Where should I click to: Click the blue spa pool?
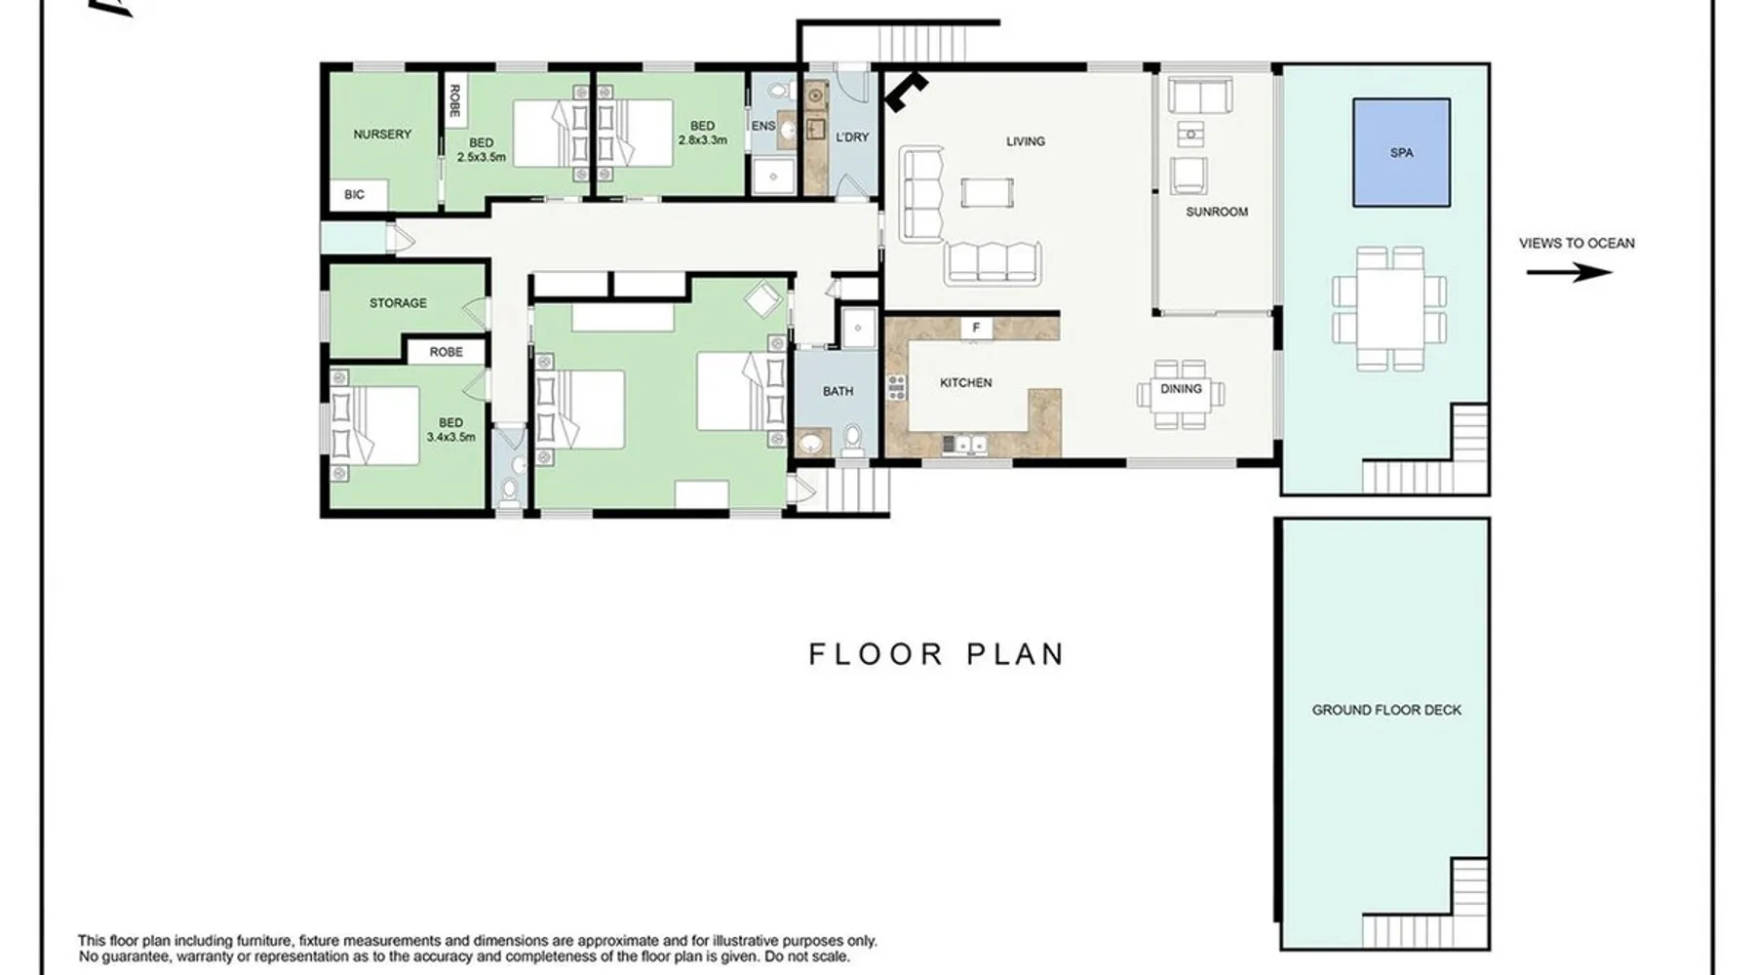(x=1401, y=152)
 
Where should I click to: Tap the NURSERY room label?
(x=382, y=135)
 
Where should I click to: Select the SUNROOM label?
(x=1217, y=212)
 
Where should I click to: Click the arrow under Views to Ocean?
(x=1569, y=272)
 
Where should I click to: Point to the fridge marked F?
(x=976, y=329)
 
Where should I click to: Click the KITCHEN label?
(x=966, y=383)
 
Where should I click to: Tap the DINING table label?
(x=1181, y=389)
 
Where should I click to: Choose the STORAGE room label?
(x=398, y=303)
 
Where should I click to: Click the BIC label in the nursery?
(x=354, y=195)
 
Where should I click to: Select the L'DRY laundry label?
(x=852, y=137)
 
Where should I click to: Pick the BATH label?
(x=838, y=391)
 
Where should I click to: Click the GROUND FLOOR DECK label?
(x=1386, y=710)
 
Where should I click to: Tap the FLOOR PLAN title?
(x=936, y=653)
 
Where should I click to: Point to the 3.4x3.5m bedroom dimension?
(x=450, y=437)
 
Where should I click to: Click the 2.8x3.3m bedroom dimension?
(x=703, y=139)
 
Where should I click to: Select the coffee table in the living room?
(x=987, y=193)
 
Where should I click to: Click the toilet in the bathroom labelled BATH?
(x=853, y=441)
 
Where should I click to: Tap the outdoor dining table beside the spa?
(x=1388, y=309)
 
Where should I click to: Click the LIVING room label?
(x=1026, y=141)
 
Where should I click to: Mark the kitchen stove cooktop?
(x=896, y=387)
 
